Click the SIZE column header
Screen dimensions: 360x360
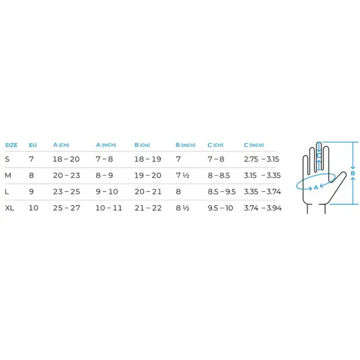(11, 145)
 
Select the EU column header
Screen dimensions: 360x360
(33, 145)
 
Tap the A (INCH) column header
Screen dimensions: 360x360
(106, 145)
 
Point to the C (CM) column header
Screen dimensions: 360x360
(215, 145)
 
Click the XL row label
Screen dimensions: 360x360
(9, 208)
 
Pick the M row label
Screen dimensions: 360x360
(8, 176)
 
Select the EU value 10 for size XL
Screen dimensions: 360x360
(33, 208)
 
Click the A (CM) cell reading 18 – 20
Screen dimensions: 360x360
(66, 159)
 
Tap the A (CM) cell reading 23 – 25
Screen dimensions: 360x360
(66, 192)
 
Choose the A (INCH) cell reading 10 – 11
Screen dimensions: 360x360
(109, 208)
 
